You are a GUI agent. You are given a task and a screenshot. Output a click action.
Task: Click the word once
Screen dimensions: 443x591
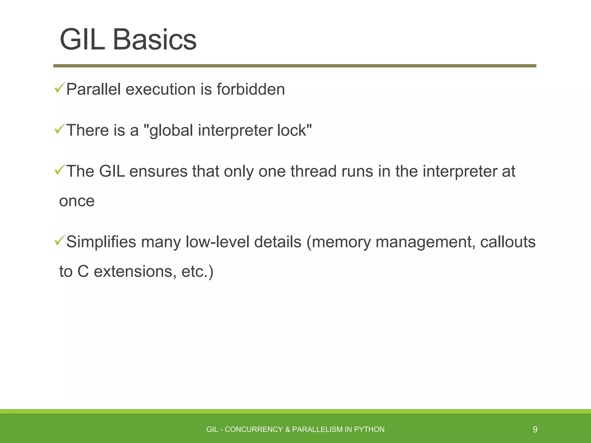77,201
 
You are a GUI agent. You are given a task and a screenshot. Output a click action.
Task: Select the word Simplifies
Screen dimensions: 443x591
101,242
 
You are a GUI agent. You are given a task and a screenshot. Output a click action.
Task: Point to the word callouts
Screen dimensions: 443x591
508,242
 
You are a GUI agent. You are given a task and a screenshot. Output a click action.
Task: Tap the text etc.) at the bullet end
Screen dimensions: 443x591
197,272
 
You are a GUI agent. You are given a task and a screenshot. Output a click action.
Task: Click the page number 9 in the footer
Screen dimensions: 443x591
535,429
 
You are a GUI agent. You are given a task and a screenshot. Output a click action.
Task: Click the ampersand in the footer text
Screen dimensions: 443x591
287,429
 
